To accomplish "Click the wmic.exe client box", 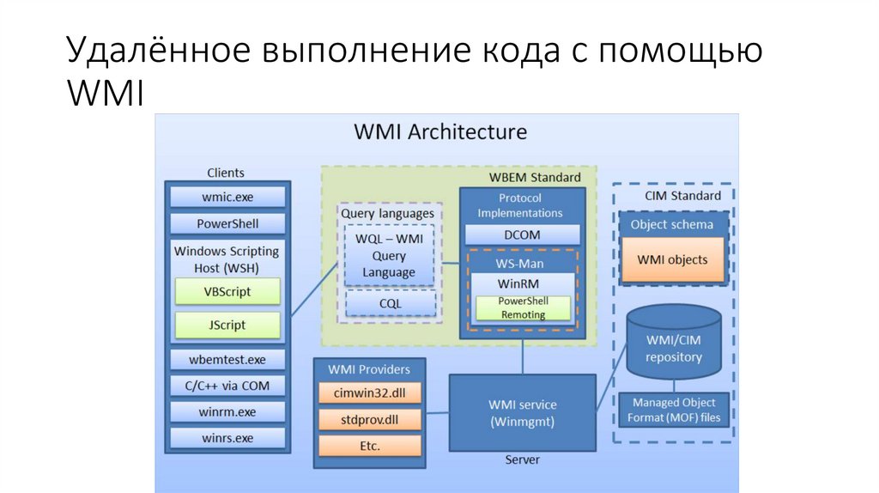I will click(x=227, y=197).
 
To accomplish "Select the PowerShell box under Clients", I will click(x=227, y=223).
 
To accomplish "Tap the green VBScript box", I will click(x=227, y=291).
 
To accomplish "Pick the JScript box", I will click(x=227, y=326).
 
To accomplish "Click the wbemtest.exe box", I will click(x=227, y=359).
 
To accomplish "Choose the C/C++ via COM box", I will click(x=227, y=386).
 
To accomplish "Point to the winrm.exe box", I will click(x=227, y=412).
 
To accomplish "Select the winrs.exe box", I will click(x=227, y=438).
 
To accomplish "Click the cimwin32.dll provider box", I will click(x=370, y=393).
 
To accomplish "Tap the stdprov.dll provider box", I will click(x=370, y=420).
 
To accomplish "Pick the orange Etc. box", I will click(x=370, y=446).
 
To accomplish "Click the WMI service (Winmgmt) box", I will click(x=522, y=413).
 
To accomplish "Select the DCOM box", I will click(x=522, y=234).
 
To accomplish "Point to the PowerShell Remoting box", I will click(x=523, y=307).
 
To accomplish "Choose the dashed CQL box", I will click(x=390, y=303).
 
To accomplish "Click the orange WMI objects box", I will click(x=672, y=259).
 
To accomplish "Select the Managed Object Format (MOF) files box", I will click(x=674, y=411).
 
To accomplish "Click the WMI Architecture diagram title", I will click(x=440, y=132).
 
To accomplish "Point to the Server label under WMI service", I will click(x=522, y=460).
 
